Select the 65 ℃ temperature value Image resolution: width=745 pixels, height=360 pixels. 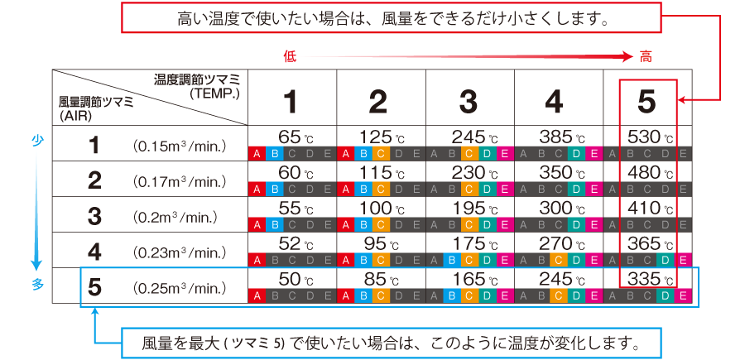tap(295, 137)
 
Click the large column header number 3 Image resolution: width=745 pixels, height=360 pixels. tap(469, 102)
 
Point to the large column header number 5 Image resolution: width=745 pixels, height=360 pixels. tap(646, 102)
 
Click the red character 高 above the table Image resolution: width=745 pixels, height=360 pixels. tap(646, 57)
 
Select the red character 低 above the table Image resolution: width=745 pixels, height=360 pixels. tap(290, 57)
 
